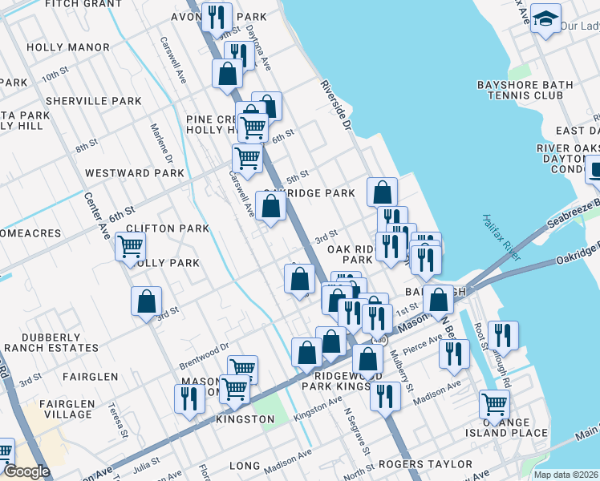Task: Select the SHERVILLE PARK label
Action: tap(93, 101)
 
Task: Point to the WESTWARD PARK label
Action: tap(134, 172)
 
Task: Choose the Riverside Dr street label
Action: tap(336, 105)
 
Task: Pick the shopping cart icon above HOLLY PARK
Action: tap(130, 245)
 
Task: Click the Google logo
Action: tap(26, 471)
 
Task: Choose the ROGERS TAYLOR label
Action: tap(424, 464)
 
